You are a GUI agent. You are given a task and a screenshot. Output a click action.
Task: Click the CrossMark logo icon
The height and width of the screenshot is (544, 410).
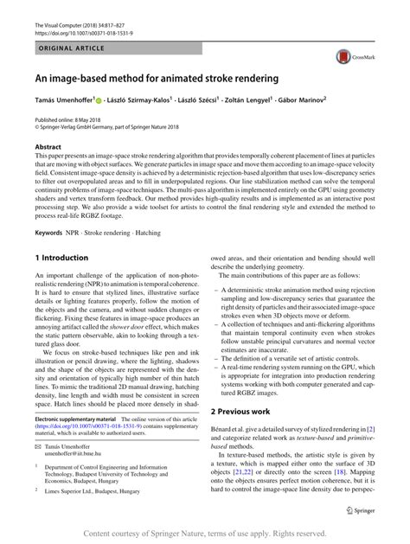tap(349, 57)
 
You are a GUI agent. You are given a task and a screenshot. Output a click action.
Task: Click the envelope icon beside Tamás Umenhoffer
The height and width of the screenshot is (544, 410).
tap(39, 467)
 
